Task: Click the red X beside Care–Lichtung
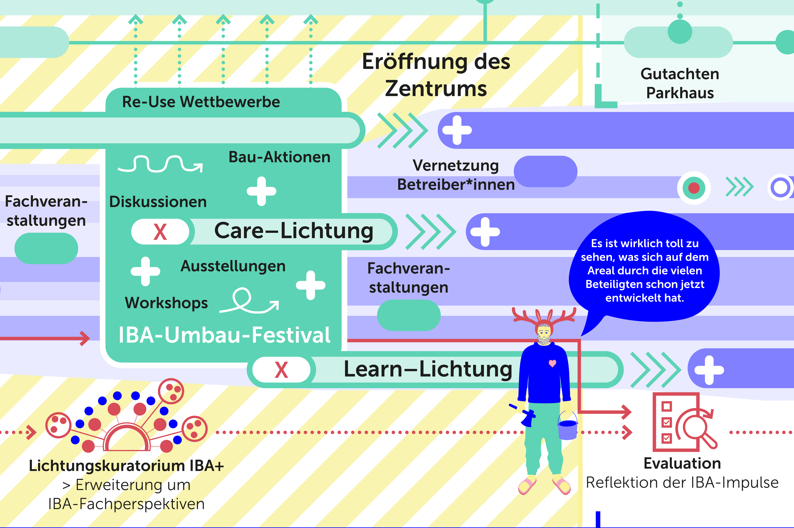(160, 232)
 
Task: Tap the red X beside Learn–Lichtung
(281, 370)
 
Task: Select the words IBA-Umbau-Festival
(224, 335)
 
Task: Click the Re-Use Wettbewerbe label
(201, 102)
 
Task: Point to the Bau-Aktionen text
(279, 157)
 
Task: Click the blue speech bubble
(644, 269)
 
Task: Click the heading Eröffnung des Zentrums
(436, 75)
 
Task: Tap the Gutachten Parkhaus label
(680, 83)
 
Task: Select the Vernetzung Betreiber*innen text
(456, 175)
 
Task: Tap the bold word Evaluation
(682, 464)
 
